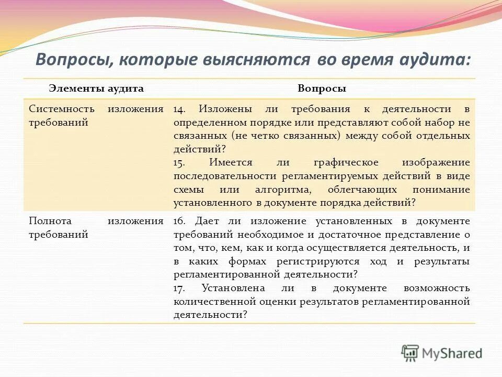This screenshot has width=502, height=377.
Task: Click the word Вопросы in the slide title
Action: click(72, 59)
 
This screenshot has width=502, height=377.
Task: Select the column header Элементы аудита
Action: click(96, 88)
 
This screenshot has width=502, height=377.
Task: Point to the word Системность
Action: click(62, 109)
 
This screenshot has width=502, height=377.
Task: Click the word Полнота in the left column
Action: click(50, 220)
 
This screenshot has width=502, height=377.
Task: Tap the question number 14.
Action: click(179, 109)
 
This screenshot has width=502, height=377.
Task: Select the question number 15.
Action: click(179, 163)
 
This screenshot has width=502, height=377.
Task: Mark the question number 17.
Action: click(180, 288)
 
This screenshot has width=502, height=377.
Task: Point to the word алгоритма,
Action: click(279, 190)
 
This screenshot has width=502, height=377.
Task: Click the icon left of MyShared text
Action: click(410, 352)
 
